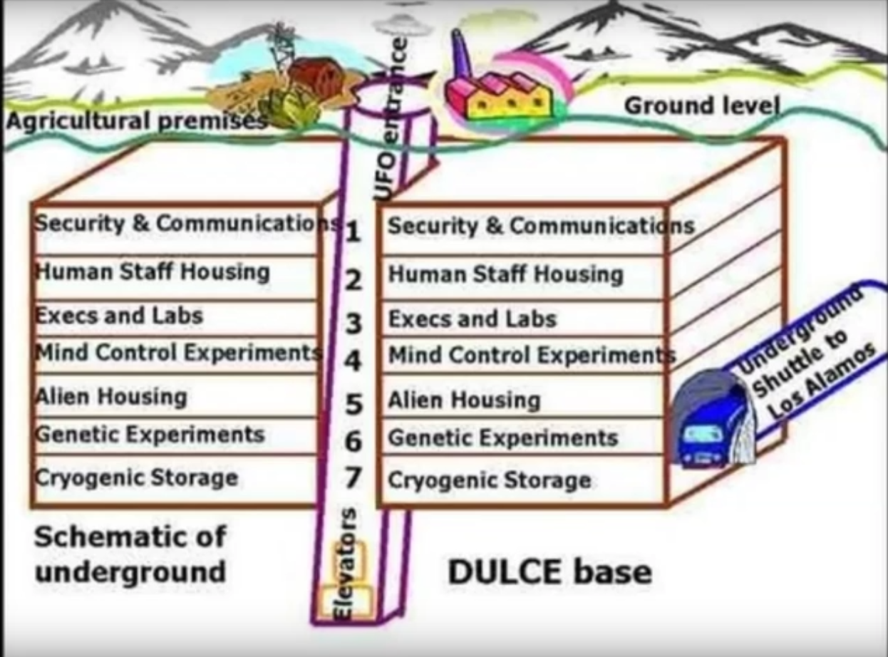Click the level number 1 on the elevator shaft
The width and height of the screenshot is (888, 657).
click(x=352, y=232)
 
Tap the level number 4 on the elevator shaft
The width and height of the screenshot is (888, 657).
click(x=353, y=361)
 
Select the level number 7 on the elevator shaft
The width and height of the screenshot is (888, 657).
click(x=353, y=477)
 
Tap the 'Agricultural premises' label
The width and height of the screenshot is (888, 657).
click(x=137, y=120)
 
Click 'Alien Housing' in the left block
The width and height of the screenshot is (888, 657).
click(x=111, y=397)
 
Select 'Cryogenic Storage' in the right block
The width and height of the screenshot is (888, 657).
click(x=490, y=480)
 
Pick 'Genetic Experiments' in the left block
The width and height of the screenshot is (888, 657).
click(x=150, y=435)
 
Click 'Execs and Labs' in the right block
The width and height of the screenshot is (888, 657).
click(x=473, y=319)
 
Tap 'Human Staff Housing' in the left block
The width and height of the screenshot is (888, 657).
click(x=153, y=271)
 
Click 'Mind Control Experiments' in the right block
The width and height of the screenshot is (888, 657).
click(x=532, y=355)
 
